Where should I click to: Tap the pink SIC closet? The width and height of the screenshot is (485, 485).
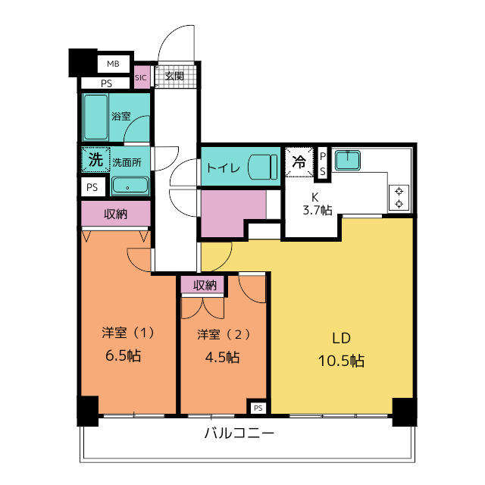pyautogui.click(x=142, y=77)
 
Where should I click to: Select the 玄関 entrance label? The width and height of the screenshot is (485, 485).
pyautogui.click(x=174, y=77)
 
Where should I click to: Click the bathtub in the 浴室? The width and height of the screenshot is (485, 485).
pyautogui.click(x=95, y=117)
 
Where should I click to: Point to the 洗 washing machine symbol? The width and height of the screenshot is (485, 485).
pyautogui.click(x=95, y=160)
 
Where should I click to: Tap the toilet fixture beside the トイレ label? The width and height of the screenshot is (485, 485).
pyautogui.click(x=261, y=166)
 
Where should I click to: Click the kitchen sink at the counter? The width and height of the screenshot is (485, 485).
pyautogui.click(x=349, y=161)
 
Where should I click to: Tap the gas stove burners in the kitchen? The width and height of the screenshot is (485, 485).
pyautogui.click(x=399, y=197)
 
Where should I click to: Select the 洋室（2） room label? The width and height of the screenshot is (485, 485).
pyautogui.click(x=223, y=333)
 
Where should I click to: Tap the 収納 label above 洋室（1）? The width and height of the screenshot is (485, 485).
pyautogui.click(x=116, y=214)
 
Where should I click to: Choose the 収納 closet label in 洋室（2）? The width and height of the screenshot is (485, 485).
pyautogui.click(x=205, y=285)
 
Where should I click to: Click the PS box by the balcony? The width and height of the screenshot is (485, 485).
pyautogui.click(x=258, y=408)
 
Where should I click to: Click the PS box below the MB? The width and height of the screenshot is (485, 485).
pyautogui.click(x=106, y=83)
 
